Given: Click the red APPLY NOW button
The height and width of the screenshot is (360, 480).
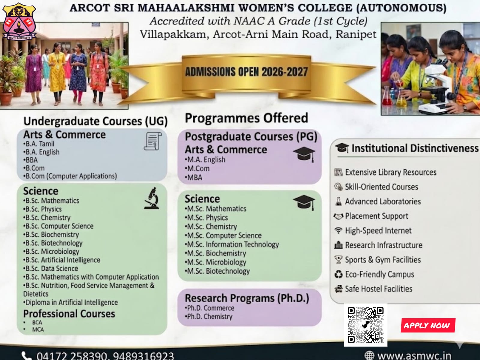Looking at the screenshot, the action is (x=428, y=325).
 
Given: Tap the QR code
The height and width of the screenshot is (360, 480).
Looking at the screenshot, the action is (x=365, y=325).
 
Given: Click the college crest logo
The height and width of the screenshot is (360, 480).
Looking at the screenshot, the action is (x=19, y=21).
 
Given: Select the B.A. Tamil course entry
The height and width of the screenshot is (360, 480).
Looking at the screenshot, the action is (x=39, y=144).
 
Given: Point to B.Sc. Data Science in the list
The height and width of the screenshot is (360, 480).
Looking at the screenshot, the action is (x=51, y=268).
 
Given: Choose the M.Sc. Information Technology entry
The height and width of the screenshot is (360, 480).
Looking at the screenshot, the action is (x=232, y=244).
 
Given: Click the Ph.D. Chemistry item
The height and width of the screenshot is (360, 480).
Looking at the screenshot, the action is (x=209, y=316).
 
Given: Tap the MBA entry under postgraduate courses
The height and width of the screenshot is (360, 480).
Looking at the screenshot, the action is (x=194, y=177).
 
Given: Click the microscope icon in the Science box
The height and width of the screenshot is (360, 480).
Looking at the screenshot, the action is (x=152, y=198).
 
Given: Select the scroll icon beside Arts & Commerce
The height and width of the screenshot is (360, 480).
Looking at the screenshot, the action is (x=152, y=141).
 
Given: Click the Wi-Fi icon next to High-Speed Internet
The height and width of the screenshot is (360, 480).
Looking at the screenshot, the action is (x=338, y=230).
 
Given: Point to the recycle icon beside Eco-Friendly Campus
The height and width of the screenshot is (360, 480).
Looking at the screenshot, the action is (x=339, y=274).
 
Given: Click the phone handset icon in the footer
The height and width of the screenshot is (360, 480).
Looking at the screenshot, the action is (x=26, y=356).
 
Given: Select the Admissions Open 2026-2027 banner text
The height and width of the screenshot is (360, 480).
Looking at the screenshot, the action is (x=246, y=72).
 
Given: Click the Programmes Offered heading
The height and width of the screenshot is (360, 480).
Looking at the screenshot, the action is (x=246, y=118).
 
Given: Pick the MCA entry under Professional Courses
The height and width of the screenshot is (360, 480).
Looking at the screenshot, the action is (x=38, y=329).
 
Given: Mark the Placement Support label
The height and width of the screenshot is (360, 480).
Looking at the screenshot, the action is (x=376, y=216).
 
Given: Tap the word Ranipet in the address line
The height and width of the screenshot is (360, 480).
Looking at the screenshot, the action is (x=356, y=34).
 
